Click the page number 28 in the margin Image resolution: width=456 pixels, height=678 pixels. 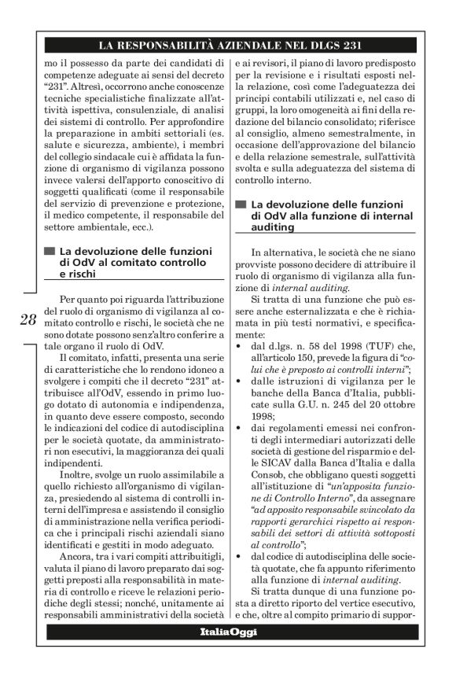27,320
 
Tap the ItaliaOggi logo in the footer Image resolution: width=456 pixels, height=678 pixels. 227,632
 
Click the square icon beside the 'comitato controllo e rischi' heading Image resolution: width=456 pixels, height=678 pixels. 50,252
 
